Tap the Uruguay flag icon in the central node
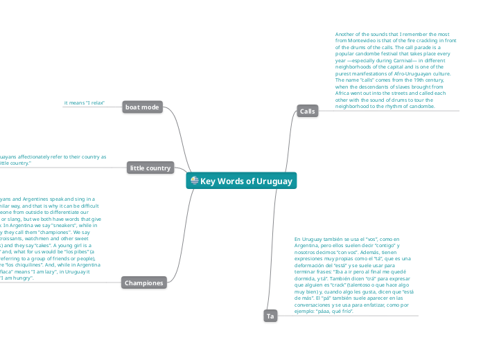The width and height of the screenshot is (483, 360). (195, 181)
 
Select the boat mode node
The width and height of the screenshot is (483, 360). (143, 107)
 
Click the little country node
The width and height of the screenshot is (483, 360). (150, 168)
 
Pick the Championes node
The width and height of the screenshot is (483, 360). (144, 282)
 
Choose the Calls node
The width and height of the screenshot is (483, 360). (308, 111)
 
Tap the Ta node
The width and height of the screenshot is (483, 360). (270, 316)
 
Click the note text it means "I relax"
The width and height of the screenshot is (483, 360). (84, 102)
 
